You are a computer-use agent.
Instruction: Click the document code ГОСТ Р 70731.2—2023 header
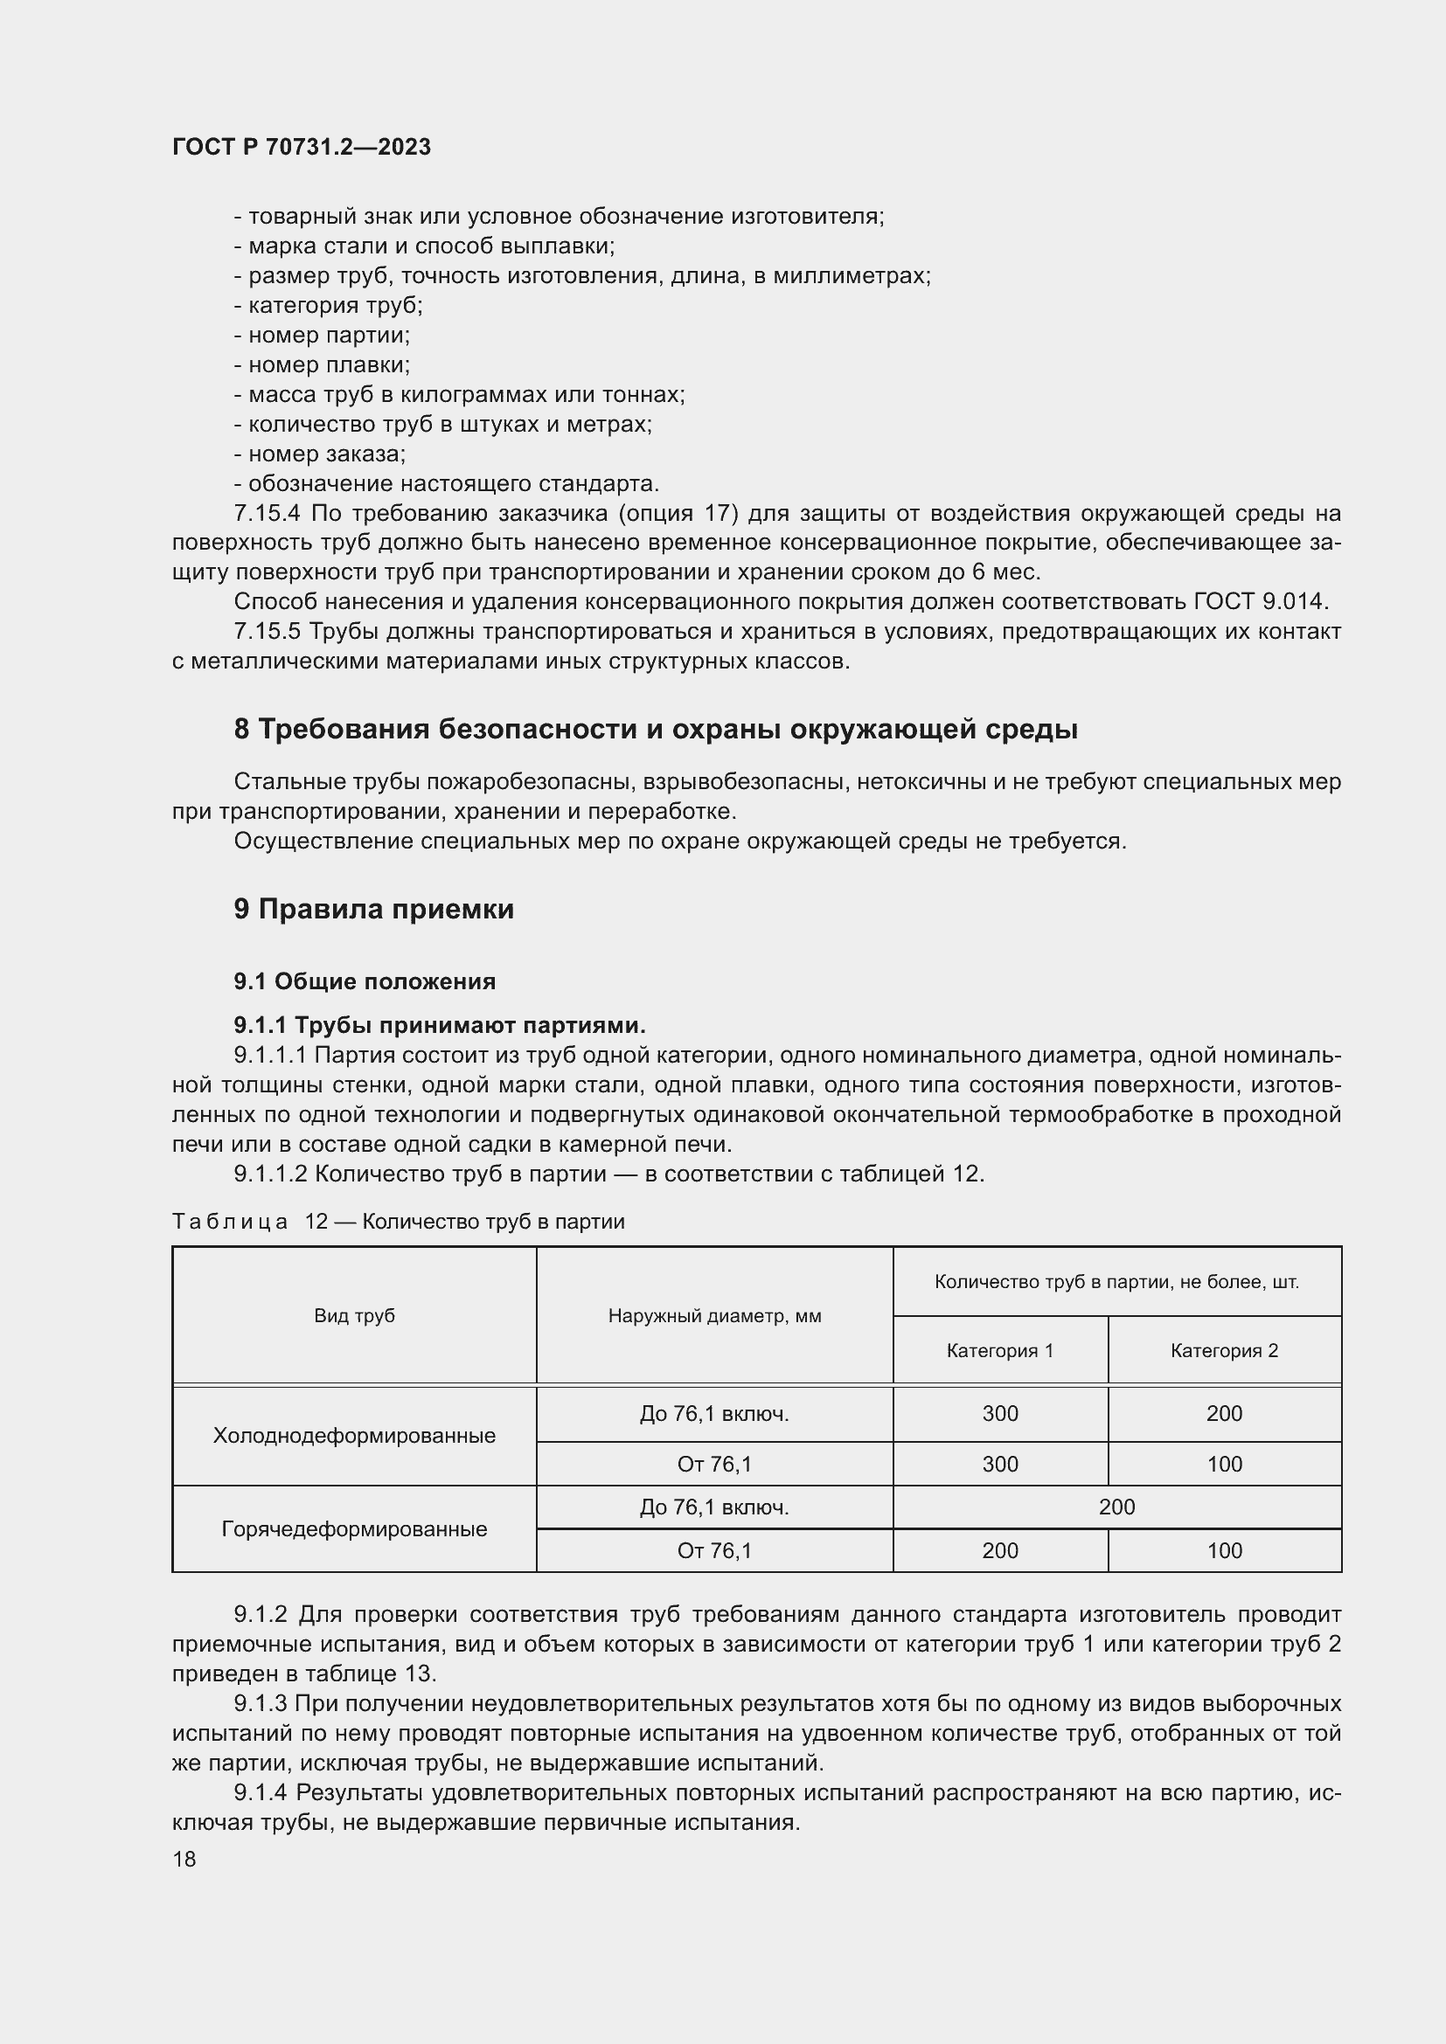301,147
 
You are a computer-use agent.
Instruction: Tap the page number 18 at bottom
184,1859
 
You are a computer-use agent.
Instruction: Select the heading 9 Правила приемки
374,909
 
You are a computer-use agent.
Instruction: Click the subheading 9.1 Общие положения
365,981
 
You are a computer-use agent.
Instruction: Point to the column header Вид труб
353,1316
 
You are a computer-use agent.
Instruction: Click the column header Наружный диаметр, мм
714,1316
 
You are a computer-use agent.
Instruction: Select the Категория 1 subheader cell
1000,1350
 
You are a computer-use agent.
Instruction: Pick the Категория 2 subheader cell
1224,1350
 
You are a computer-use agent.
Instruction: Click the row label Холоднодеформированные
353,1435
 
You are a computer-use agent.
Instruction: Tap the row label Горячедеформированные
353,1528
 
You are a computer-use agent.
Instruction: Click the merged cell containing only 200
1116,1507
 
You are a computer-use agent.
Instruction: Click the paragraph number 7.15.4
268,514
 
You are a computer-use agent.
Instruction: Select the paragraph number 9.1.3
260,1704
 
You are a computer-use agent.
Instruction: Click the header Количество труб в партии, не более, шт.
1116,1282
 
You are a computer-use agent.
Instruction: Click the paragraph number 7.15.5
268,632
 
